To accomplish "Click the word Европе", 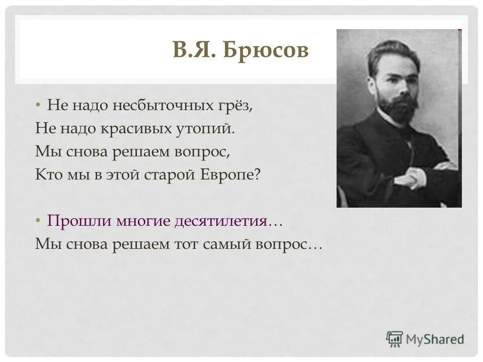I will coord(229,174).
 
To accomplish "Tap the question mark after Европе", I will coord(258,174).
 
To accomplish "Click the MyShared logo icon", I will coord(394,339).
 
